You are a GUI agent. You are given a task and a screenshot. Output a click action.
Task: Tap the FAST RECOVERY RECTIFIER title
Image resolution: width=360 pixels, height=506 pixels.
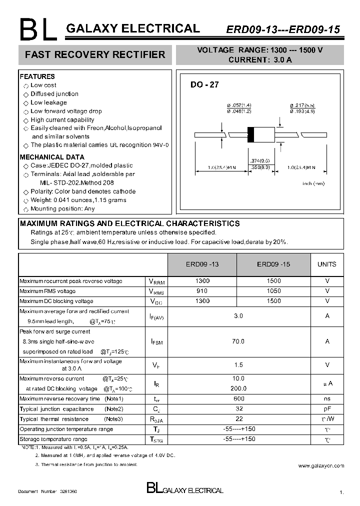(95, 55)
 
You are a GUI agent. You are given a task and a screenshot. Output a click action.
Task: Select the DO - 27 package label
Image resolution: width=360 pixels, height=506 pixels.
(204, 85)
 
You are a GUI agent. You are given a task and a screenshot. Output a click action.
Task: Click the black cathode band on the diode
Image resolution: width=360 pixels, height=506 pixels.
(251, 134)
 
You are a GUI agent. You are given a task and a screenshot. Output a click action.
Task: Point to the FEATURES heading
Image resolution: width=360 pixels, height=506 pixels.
(37, 76)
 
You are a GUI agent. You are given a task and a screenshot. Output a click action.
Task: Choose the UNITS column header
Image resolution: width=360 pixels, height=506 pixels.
(327, 264)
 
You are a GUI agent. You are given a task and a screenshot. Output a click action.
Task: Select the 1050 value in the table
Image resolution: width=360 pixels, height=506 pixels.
(274, 291)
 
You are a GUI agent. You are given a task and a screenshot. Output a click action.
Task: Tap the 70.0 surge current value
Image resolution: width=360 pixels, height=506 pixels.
(238, 341)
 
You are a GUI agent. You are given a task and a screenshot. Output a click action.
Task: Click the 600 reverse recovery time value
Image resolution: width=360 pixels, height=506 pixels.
(238, 398)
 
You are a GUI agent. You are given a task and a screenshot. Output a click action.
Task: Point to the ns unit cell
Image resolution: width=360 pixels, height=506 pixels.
(327, 398)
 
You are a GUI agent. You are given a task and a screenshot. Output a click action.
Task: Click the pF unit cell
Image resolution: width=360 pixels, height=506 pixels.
(327, 409)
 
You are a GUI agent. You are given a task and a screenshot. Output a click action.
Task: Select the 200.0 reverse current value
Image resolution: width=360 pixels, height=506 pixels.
(238, 388)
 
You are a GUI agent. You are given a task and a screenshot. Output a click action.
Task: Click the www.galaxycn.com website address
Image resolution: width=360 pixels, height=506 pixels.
(321, 465)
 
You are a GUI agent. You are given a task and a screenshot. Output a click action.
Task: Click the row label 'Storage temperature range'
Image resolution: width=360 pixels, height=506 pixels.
(53, 439)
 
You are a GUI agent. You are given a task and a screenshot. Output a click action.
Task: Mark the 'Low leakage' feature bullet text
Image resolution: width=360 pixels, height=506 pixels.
(48, 102)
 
